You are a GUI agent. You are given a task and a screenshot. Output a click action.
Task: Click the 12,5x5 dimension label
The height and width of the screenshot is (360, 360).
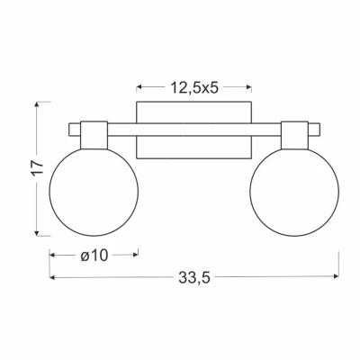[194, 88]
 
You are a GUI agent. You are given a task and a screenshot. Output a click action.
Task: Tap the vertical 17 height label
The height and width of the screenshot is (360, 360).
[38, 168]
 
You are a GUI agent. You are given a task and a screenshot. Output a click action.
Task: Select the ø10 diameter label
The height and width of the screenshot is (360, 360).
[94, 256]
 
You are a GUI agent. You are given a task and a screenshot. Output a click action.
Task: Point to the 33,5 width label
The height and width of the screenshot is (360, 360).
[194, 277]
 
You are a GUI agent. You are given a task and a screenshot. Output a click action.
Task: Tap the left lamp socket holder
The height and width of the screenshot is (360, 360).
[94, 135]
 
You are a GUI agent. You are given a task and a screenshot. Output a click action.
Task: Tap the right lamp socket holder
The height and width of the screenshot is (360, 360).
[294, 135]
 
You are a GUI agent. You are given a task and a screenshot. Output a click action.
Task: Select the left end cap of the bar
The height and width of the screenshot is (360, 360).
[75, 130]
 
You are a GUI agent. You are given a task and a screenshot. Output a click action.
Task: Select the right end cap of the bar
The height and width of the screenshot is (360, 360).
[314, 130]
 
